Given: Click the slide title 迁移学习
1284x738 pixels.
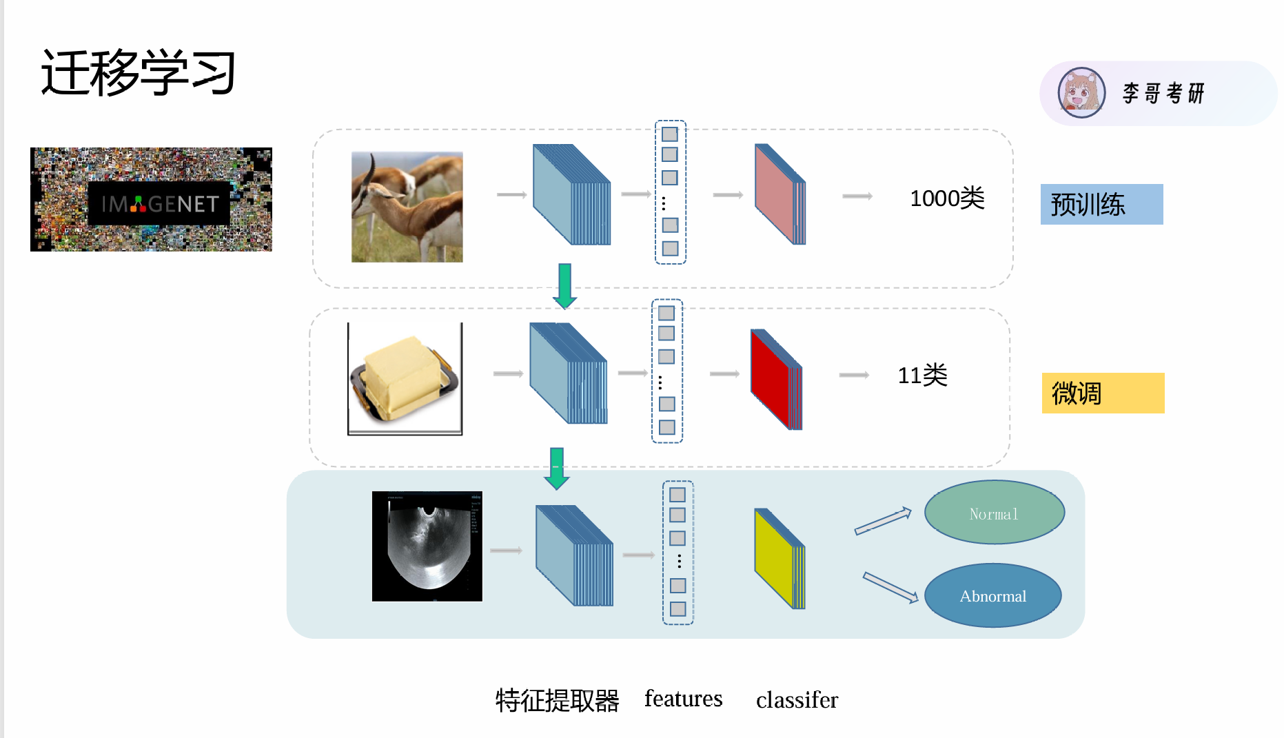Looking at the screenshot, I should pyautogui.click(x=138, y=72).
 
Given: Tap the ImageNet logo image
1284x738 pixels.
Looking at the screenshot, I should pyautogui.click(x=151, y=200).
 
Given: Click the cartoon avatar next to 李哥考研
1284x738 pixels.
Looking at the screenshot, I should pyautogui.click(x=1081, y=93).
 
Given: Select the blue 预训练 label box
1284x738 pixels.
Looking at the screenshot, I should pyautogui.click(x=1101, y=204).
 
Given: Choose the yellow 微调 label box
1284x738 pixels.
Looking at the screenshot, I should pyautogui.click(x=1103, y=393).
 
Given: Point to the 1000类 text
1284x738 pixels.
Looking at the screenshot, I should pyautogui.click(x=947, y=198).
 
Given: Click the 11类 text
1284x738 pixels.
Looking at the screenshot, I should pyautogui.click(x=922, y=376).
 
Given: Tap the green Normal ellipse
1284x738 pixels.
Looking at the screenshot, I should pyautogui.click(x=994, y=513).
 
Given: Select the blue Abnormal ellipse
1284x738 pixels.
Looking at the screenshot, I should pyautogui.click(x=992, y=595).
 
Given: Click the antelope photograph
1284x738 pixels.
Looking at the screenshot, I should pyautogui.click(x=407, y=207).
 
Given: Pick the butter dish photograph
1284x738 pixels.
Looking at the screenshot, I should pyautogui.click(x=405, y=378).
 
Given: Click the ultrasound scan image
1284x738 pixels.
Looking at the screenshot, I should pyautogui.click(x=427, y=546).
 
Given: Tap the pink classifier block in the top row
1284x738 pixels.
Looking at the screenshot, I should pyautogui.click(x=779, y=194).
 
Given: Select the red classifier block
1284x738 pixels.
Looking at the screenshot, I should pyautogui.click(x=775, y=379).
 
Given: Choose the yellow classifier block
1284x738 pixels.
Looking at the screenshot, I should pyautogui.click(x=779, y=558).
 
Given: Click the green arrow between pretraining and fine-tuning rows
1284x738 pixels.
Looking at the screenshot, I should pyautogui.click(x=564, y=285).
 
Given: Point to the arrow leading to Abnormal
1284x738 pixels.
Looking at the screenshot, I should pyautogui.click(x=890, y=588).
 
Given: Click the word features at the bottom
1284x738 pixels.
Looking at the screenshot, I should pyautogui.click(x=683, y=699).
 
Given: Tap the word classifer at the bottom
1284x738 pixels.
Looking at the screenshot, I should pyautogui.click(x=797, y=700).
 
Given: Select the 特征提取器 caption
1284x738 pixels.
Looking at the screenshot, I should pyautogui.click(x=557, y=700).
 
